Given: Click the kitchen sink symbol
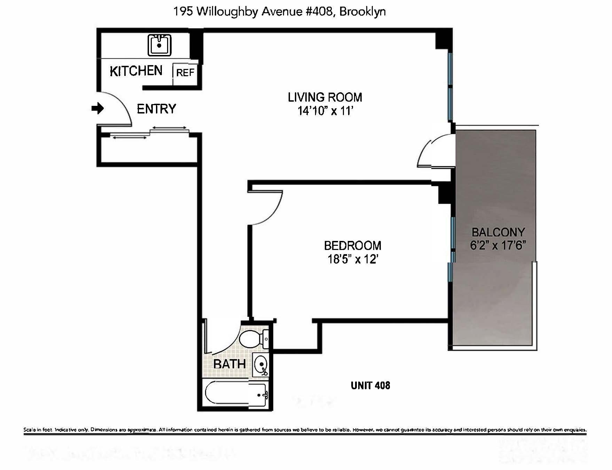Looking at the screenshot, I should pos(159,45).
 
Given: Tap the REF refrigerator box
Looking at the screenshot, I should pos(185,73).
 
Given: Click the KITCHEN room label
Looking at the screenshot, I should pos(136,71).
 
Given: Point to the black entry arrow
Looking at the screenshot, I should pos(97,108).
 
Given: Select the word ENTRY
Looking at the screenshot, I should pos(156,109).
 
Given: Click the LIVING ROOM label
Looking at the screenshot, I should pos(325,97).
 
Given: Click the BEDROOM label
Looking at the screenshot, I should pos(352,246).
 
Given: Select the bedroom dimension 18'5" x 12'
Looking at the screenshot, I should pos(353,259).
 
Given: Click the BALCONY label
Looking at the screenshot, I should pos(498,232).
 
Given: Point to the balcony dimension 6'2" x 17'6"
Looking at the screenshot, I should pos(498,245).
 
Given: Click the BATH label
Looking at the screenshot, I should pos(229,364).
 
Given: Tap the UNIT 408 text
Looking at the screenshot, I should pos(370,385).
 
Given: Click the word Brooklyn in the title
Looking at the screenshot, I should pos(362,12).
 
